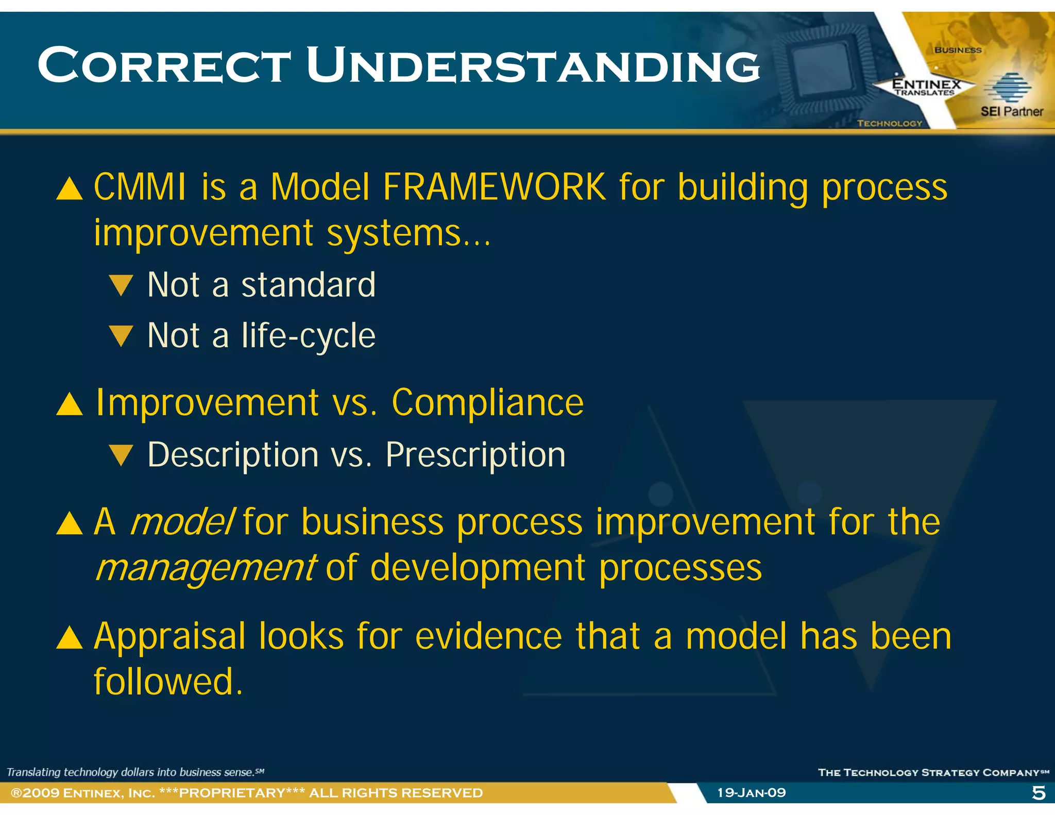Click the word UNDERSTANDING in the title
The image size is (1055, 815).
click(533, 65)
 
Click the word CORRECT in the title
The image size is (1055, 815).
click(164, 65)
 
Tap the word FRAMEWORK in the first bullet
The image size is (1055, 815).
click(494, 186)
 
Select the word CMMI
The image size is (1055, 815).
click(140, 186)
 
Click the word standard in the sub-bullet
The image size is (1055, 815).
click(308, 285)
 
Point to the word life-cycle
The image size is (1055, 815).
click(308, 336)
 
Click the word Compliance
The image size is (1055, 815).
click(487, 402)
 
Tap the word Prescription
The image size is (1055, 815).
click(475, 455)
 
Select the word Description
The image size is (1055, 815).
click(233, 455)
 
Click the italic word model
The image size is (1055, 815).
click(182, 522)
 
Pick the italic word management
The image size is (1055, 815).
click(206, 568)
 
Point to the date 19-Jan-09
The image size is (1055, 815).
click(751, 793)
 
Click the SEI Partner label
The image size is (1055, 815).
click(1011, 111)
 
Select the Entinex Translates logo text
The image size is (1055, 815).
click(926, 87)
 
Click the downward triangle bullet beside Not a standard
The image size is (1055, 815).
click(122, 285)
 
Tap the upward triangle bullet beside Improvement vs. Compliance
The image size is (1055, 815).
click(69, 404)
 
